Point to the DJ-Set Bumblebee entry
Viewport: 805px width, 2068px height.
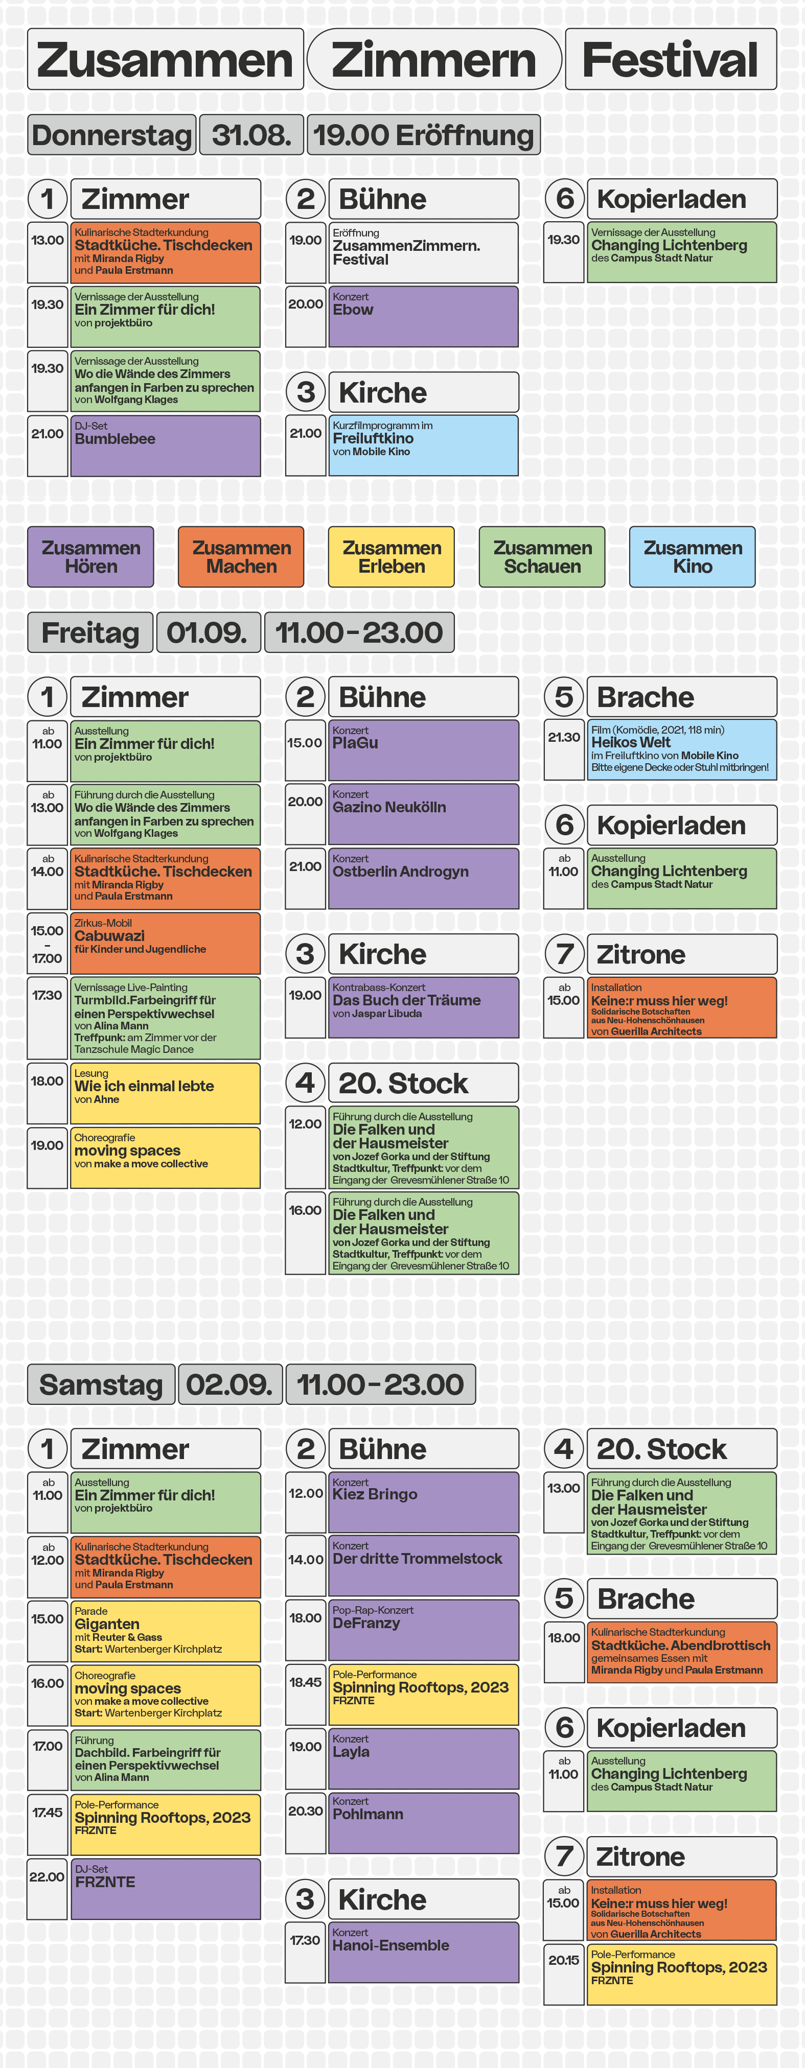point(166,445)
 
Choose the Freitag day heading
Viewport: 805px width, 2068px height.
point(90,632)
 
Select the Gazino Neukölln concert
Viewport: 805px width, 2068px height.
point(423,814)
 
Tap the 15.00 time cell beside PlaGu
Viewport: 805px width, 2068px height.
point(305,750)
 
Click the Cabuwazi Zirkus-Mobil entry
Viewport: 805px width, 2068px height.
point(166,943)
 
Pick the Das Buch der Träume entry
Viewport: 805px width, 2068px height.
point(423,1007)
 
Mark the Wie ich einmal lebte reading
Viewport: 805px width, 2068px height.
point(166,1093)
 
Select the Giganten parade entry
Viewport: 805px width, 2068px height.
point(166,1631)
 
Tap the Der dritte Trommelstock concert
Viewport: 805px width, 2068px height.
point(423,1565)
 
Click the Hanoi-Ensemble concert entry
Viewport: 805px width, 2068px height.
point(423,1952)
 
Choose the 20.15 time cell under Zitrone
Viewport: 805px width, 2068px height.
point(563,1974)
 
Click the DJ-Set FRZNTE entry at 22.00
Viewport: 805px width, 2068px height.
point(166,1888)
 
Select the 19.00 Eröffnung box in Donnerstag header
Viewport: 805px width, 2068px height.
point(423,135)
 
